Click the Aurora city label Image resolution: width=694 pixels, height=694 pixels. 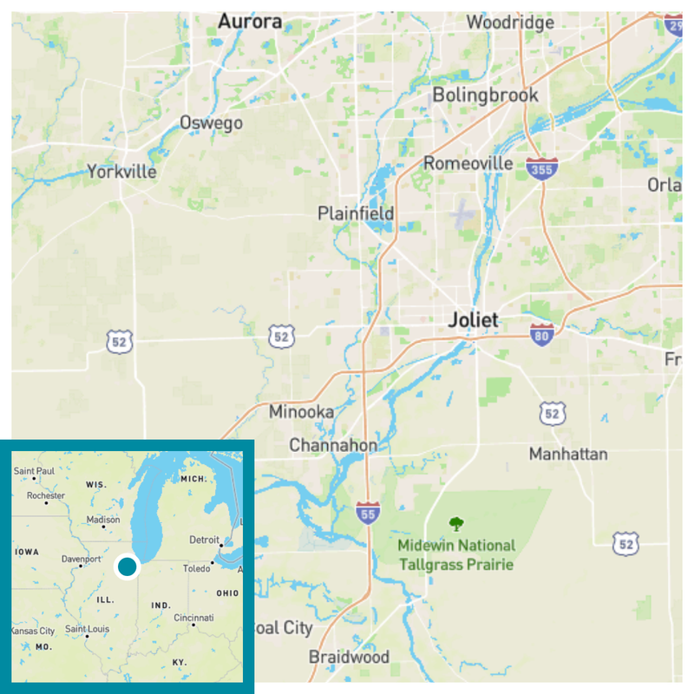pos(250,21)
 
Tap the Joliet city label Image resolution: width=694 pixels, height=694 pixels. pos(474,320)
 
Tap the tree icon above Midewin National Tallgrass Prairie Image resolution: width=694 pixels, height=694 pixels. pos(455,523)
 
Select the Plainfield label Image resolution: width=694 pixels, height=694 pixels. pos(356,213)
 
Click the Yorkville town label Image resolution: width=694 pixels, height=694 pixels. pos(122,172)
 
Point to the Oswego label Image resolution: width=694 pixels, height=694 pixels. pos(211,123)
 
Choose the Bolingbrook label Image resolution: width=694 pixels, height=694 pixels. pos(485,95)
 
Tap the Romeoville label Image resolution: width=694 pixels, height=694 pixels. pos(468,163)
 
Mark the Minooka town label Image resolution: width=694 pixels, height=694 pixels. pos(301,412)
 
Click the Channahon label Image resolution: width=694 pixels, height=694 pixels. pos(333,445)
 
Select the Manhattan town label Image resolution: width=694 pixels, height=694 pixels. pos(568,454)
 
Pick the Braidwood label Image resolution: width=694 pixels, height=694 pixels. pos(349,657)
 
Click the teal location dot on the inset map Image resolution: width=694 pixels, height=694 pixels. pos(128,567)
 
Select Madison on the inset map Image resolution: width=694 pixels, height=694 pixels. pos(103,520)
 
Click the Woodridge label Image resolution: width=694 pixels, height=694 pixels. pos(510,23)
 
